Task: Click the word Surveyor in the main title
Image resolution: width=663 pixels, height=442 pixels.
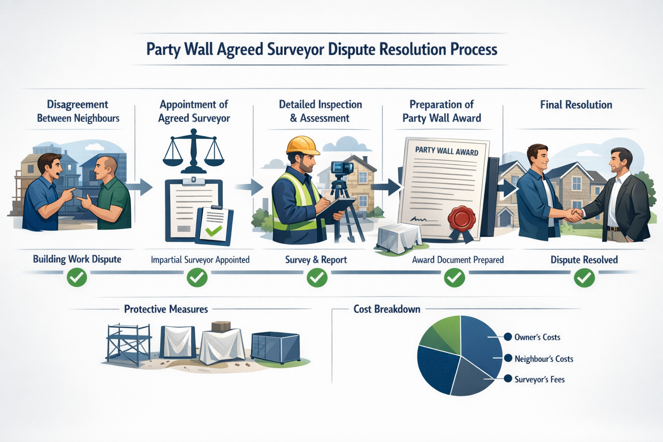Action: tap(295, 50)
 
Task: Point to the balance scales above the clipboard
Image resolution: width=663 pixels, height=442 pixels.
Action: tap(193, 153)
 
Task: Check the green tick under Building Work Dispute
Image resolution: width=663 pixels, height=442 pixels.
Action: tap(77, 277)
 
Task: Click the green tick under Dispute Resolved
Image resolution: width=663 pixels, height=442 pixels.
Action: tap(584, 277)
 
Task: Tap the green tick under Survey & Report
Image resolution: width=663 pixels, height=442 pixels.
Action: tap(317, 277)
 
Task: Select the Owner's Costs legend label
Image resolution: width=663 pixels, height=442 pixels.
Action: tap(537, 337)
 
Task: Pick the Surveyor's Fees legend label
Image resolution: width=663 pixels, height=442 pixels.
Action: tap(539, 379)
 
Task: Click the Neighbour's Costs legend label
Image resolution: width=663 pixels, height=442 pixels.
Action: tap(543, 359)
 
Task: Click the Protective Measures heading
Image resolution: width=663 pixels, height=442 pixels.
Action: tap(166, 309)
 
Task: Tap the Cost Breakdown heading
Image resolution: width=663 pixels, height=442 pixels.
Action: tap(387, 309)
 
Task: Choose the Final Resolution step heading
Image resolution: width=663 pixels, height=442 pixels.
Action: tap(576, 105)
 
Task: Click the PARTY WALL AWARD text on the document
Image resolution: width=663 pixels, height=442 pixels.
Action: tap(446, 151)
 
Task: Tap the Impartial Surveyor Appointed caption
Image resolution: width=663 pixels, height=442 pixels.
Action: tap(200, 260)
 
